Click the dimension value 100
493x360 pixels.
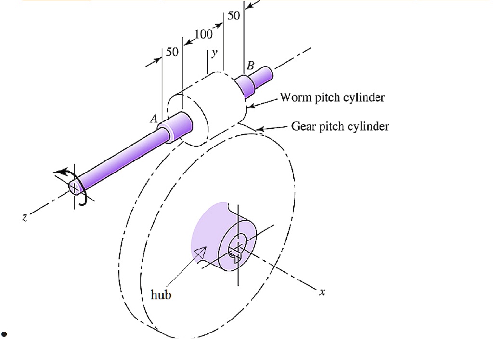coord(204,35)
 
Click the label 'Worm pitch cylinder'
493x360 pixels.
coord(332,98)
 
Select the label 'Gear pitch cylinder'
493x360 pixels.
coord(340,127)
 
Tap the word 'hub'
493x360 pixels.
coord(161,294)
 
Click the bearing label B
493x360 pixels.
coord(250,67)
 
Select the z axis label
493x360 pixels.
coord(24,218)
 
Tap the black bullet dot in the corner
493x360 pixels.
coord(4,334)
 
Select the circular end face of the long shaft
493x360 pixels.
coord(75,187)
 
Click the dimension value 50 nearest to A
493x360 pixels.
coord(172,52)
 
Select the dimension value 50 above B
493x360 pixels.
coord(234,16)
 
